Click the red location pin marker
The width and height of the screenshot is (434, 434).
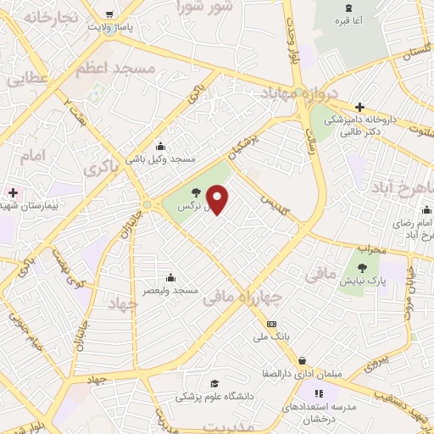[x=219, y=201]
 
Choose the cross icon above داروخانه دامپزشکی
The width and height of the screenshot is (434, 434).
[x=360, y=108]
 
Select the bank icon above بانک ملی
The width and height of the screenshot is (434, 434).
[x=271, y=324]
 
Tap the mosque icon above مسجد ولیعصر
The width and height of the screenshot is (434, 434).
[x=171, y=276]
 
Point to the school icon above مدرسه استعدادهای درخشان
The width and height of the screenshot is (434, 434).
[x=320, y=393]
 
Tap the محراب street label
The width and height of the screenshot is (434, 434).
[x=371, y=249]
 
